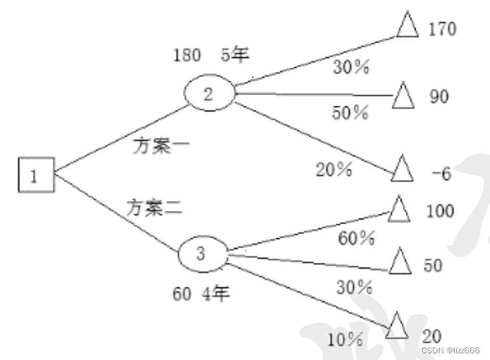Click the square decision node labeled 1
point(35,176)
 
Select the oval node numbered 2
point(208,95)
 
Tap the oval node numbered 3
point(203,254)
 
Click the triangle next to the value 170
point(407,26)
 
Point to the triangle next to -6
point(402,170)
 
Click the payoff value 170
point(442,29)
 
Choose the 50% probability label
point(350,113)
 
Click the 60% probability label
point(356,238)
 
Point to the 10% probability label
point(344,340)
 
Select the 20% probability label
point(333,170)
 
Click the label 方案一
point(161,146)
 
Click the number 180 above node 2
point(186,55)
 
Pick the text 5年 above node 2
point(235,55)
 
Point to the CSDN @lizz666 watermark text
point(450,350)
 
